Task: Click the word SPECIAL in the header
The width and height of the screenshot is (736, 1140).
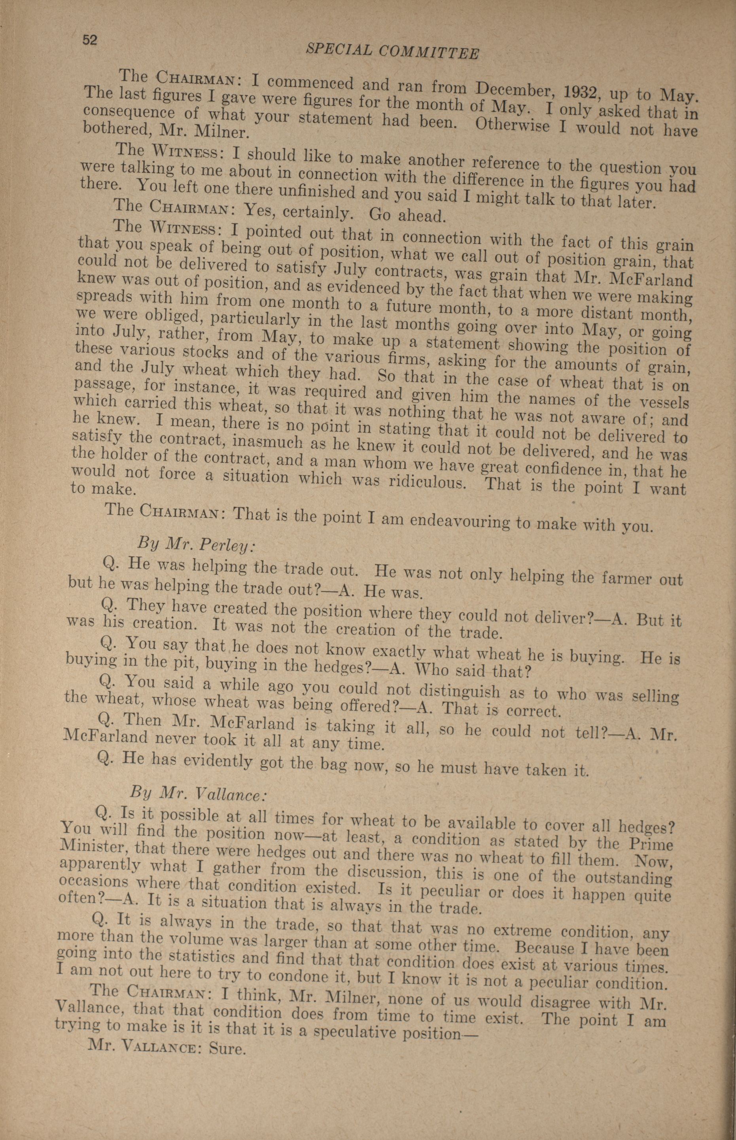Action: pyautogui.click(x=337, y=48)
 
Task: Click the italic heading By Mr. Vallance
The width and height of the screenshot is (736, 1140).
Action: pyautogui.click(x=197, y=793)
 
